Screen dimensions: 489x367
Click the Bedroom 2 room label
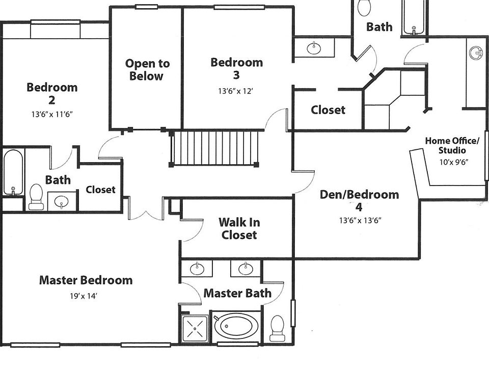pos(52,93)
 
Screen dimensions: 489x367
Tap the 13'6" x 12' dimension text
pos(235,91)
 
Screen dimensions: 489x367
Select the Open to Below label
pos(147,70)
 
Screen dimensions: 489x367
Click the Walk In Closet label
pos(239,228)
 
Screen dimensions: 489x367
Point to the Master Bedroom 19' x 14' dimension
pos(83,296)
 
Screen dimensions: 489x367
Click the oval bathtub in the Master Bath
pos(236,326)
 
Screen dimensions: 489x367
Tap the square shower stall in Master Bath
pos(195,328)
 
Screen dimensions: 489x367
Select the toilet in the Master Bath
pos(277,329)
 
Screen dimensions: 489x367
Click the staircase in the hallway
pos(214,148)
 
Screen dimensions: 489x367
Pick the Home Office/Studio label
pos(452,145)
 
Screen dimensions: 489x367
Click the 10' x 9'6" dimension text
pos(454,162)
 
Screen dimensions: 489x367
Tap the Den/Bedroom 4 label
pos(359,201)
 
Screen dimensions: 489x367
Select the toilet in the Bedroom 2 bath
pos(36,197)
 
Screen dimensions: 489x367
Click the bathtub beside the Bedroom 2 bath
pos(13,173)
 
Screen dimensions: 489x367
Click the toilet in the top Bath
pos(364,8)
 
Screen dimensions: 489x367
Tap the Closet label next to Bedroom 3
pos(328,110)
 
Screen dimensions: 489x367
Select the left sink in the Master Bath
pos(197,269)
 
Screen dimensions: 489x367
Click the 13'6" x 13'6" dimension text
pos(360,221)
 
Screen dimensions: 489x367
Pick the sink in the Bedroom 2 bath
pos(62,202)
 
